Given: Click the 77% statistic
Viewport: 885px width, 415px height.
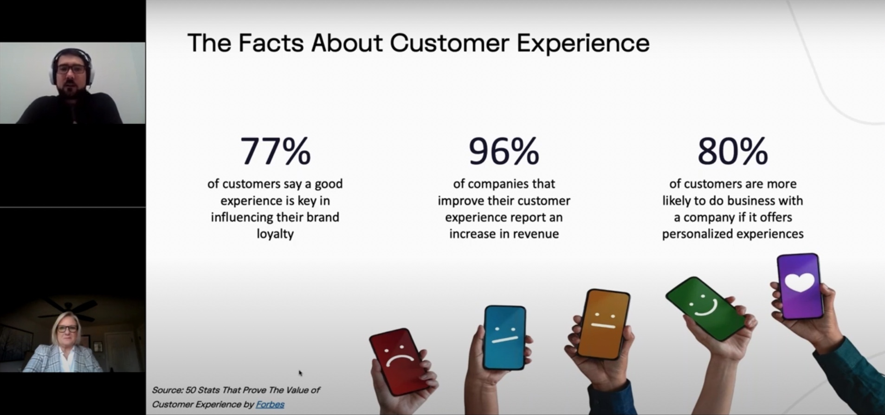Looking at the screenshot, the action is [275, 151].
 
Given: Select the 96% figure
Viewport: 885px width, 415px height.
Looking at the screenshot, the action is [504, 151].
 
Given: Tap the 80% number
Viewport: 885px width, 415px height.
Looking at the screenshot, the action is [733, 151].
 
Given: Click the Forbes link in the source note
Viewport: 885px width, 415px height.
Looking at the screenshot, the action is [270, 404].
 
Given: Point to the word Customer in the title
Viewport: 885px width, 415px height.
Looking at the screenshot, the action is [450, 43].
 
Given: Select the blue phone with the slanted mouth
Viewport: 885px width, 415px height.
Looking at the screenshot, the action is [504, 338].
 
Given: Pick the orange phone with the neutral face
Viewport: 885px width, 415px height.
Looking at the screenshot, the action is [603, 324].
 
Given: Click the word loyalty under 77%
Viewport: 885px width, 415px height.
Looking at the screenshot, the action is [275, 234].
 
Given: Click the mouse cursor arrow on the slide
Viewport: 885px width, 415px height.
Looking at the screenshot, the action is [300, 373].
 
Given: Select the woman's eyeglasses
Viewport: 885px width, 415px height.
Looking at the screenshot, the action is [67, 329].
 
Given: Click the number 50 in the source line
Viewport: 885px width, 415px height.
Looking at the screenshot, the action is [191, 390].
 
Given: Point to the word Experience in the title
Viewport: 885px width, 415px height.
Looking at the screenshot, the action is [583, 43].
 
